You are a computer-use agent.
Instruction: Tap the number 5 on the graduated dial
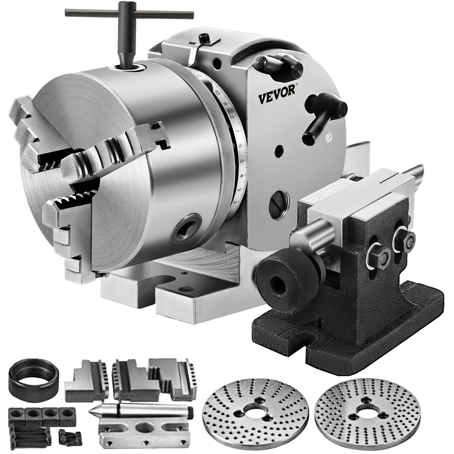(242, 161)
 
